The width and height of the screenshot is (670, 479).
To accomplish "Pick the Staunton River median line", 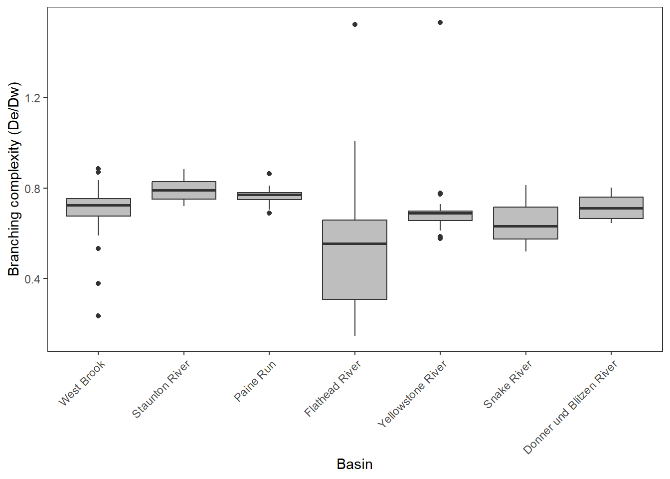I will click(184, 190).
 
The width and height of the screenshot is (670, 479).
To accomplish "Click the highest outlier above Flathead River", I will click(355, 24).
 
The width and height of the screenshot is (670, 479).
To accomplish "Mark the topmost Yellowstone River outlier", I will click(440, 22).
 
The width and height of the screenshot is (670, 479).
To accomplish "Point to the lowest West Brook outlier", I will click(98, 316).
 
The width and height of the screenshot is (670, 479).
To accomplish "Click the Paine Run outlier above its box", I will click(269, 174).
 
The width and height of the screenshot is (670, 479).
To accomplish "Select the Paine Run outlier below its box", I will click(269, 213).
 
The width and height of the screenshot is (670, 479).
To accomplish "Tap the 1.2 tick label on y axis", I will click(32, 98).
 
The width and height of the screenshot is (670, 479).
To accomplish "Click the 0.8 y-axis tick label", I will click(32, 189).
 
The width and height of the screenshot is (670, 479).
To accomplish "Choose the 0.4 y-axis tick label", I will click(32, 279).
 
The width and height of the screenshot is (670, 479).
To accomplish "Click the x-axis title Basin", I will click(354, 464).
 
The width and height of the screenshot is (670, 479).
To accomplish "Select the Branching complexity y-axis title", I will click(14, 179).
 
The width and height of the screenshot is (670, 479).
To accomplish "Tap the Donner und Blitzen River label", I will click(570, 407).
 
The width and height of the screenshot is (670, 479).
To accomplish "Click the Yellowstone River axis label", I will click(412, 394).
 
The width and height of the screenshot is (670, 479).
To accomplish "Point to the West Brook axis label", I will click(82, 383).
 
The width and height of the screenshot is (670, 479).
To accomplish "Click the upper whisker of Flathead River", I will click(355, 180).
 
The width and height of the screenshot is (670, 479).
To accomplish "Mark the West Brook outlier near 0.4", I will click(98, 283).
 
